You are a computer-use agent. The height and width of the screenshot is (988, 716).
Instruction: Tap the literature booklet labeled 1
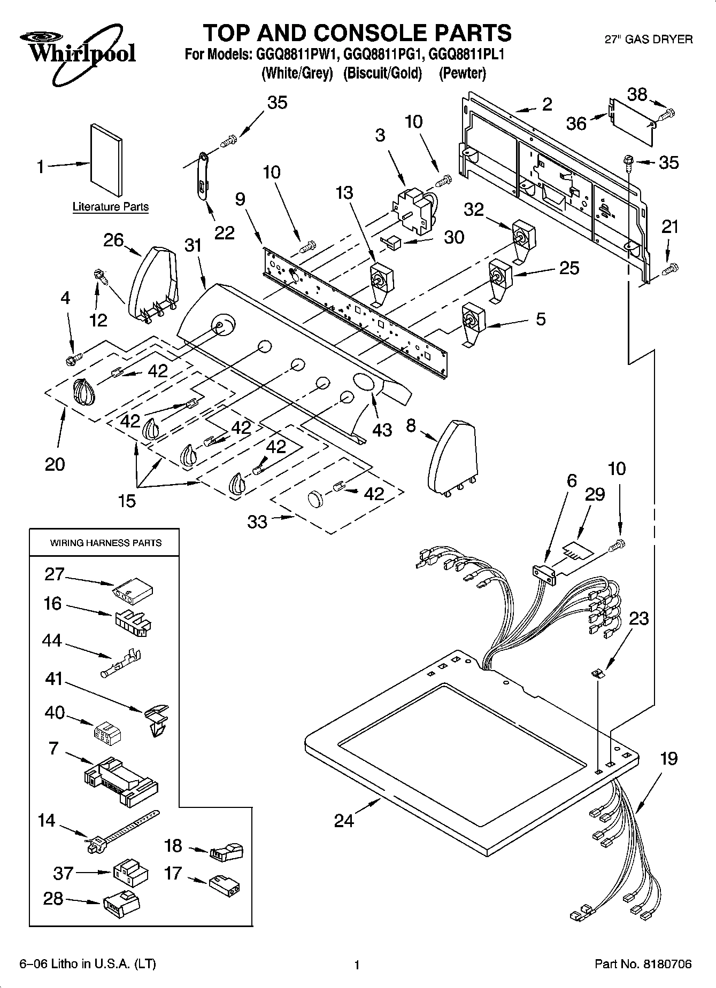(106, 160)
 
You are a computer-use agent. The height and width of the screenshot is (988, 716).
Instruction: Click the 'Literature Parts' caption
(111, 207)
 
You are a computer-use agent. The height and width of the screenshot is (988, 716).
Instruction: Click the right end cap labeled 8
(452, 456)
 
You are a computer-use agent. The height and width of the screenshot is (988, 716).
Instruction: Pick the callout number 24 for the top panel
(344, 820)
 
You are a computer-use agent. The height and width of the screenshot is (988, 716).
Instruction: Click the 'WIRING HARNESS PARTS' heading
(105, 543)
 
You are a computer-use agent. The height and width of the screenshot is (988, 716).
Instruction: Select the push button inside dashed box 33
(316, 498)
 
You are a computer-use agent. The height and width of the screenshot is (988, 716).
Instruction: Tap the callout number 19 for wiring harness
(668, 758)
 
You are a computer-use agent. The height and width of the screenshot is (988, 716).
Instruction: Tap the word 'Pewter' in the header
(463, 73)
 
